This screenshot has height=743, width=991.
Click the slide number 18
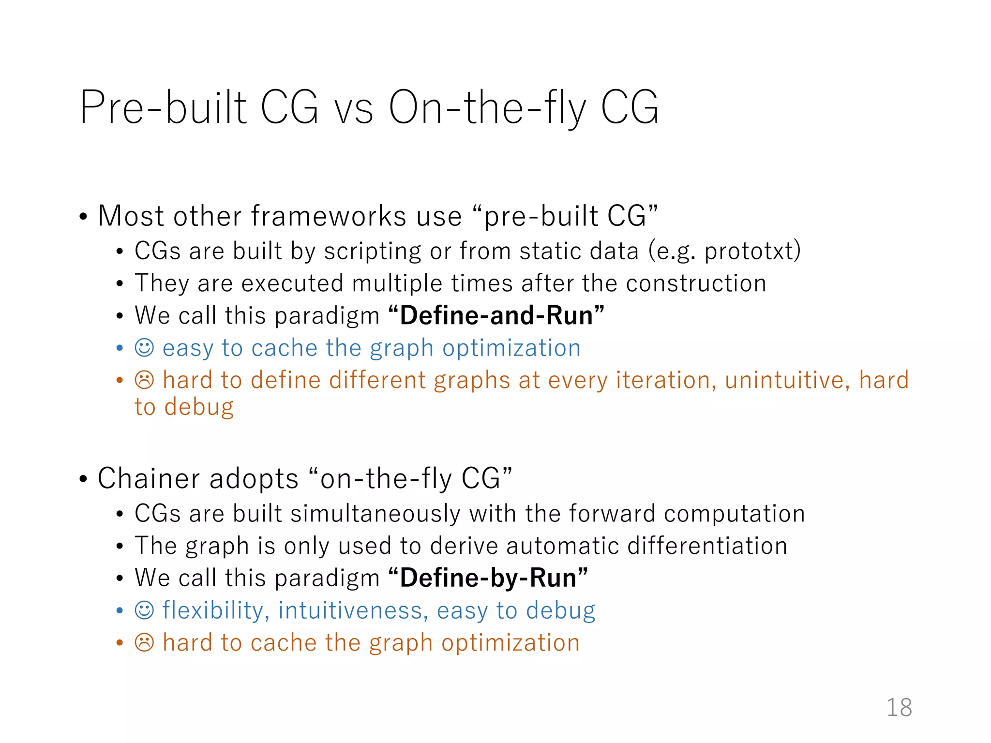pos(899,707)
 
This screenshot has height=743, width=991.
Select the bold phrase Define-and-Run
pos(496,315)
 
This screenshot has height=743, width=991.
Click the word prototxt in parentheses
pos(749,252)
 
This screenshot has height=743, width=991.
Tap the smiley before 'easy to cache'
pos(144,348)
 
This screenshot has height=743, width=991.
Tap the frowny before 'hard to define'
pos(144,380)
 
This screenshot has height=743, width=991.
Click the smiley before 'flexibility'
pos(144,610)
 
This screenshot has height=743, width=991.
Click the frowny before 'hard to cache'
pos(144,643)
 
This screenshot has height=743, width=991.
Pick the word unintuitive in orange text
pos(787,380)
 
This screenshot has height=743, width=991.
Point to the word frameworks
pos(329,216)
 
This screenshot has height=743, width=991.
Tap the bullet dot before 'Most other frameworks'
pos(83,217)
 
